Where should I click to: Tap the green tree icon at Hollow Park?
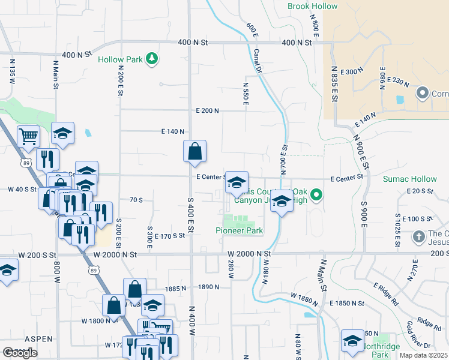click(x=153, y=58)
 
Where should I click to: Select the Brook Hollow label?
click(x=312, y=7)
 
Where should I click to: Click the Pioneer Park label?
click(x=240, y=230)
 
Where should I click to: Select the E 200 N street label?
click(x=208, y=110)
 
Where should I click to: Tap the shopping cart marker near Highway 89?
click(x=28, y=137)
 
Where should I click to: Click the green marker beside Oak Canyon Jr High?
click(x=318, y=194)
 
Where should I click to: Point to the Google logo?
click(x=20, y=353)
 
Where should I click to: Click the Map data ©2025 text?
click(x=424, y=355)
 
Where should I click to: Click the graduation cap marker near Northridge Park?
click(x=352, y=341)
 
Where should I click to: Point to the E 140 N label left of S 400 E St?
click(x=172, y=131)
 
